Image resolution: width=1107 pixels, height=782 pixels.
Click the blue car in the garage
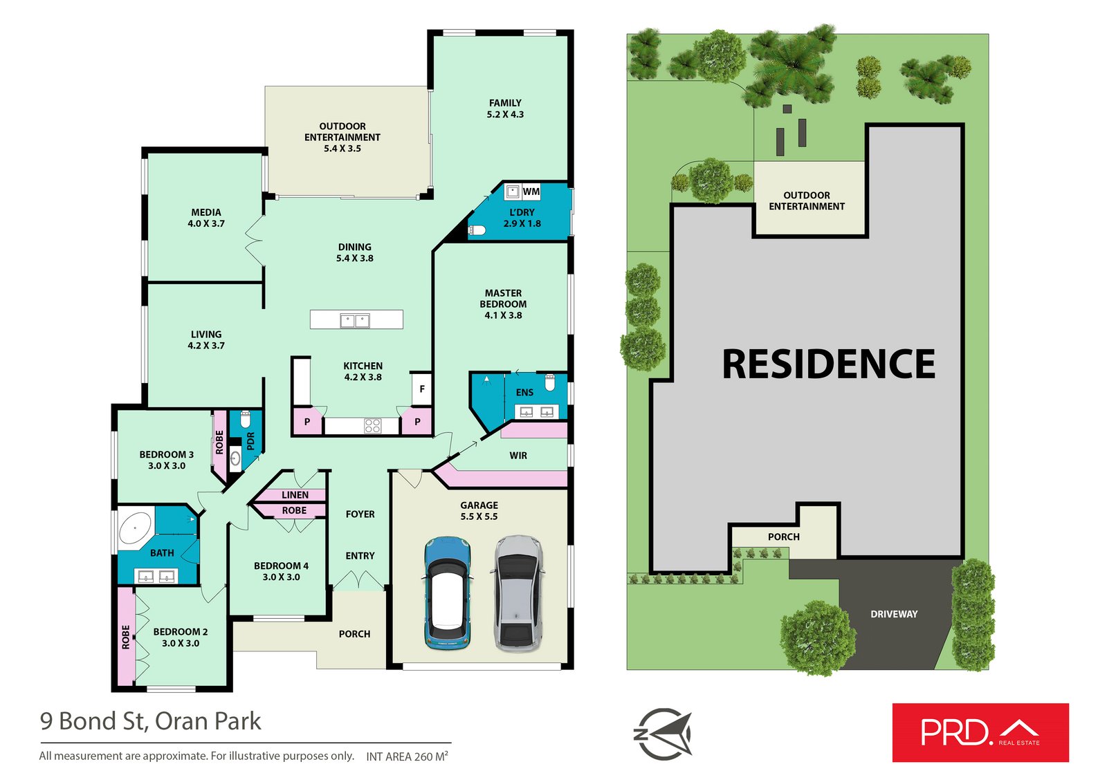click(x=448, y=593)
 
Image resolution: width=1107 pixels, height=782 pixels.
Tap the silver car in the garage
click(x=518, y=593)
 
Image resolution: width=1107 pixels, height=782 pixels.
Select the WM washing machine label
click(x=531, y=192)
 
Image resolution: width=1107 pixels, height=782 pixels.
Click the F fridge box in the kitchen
click(x=421, y=389)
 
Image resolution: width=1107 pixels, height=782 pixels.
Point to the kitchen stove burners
click(x=372, y=426)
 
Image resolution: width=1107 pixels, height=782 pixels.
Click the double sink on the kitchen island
click(x=355, y=320)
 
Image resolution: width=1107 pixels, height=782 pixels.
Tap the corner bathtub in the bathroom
click(x=136, y=529)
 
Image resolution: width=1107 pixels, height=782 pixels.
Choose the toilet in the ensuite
click(x=551, y=382)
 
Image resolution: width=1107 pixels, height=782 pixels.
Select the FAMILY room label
click(x=505, y=103)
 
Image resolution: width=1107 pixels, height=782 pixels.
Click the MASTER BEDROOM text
click(x=503, y=299)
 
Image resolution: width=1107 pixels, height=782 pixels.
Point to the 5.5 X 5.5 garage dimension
click(x=479, y=516)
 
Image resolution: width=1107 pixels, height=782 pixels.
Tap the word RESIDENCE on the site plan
click(x=828, y=364)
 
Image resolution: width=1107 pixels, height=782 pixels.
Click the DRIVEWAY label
click(x=894, y=614)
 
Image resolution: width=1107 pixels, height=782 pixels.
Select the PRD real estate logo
click(x=980, y=732)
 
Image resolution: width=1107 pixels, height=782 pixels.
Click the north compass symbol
click(x=663, y=734)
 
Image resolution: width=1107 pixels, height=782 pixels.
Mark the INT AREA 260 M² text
click(x=407, y=756)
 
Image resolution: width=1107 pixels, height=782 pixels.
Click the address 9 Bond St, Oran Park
click(x=150, y=721)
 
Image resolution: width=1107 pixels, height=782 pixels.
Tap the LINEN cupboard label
click(x=295, y=495)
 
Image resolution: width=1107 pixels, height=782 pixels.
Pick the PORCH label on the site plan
click(x=783, y=537)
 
